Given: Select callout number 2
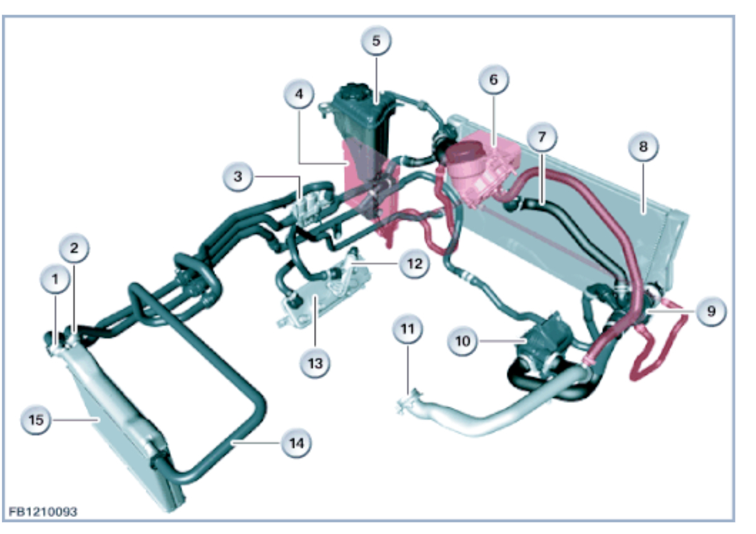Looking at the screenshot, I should (74, 248).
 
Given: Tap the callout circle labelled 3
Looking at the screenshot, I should (238, 177).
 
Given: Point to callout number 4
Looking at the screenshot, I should (299, 95).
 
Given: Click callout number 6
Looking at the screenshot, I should (493, 79).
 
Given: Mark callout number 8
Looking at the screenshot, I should (643, 147).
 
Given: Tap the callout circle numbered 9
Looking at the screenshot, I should (711, 311).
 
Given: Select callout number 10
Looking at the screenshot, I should (463, 340).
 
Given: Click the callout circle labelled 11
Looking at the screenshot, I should (408, 328).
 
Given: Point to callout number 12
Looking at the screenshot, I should (414, 264).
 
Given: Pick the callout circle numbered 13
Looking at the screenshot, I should (315, 363).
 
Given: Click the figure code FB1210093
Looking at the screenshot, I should (43, 511).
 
